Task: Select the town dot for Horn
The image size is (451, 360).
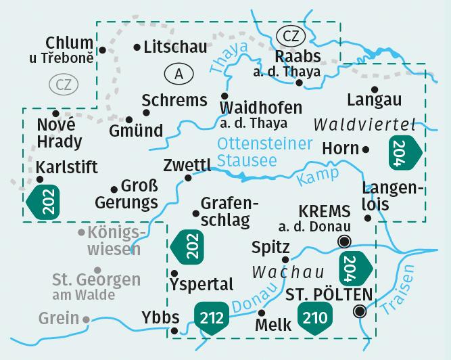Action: click(366, 149)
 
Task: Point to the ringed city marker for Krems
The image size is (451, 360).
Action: click(345, 242)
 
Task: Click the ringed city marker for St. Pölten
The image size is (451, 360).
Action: click(360, 311)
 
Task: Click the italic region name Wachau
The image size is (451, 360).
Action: click(279, 272)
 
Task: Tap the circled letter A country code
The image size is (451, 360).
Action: click(177, 74)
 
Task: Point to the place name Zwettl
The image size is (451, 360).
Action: click(187, 164)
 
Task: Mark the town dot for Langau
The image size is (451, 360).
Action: click(374, 89)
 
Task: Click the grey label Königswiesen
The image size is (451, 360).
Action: click(112, 241)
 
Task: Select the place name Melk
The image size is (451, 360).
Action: click(274, 325)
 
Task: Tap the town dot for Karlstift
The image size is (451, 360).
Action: click(41, 179)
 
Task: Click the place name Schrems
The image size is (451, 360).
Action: click(174, 101)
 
